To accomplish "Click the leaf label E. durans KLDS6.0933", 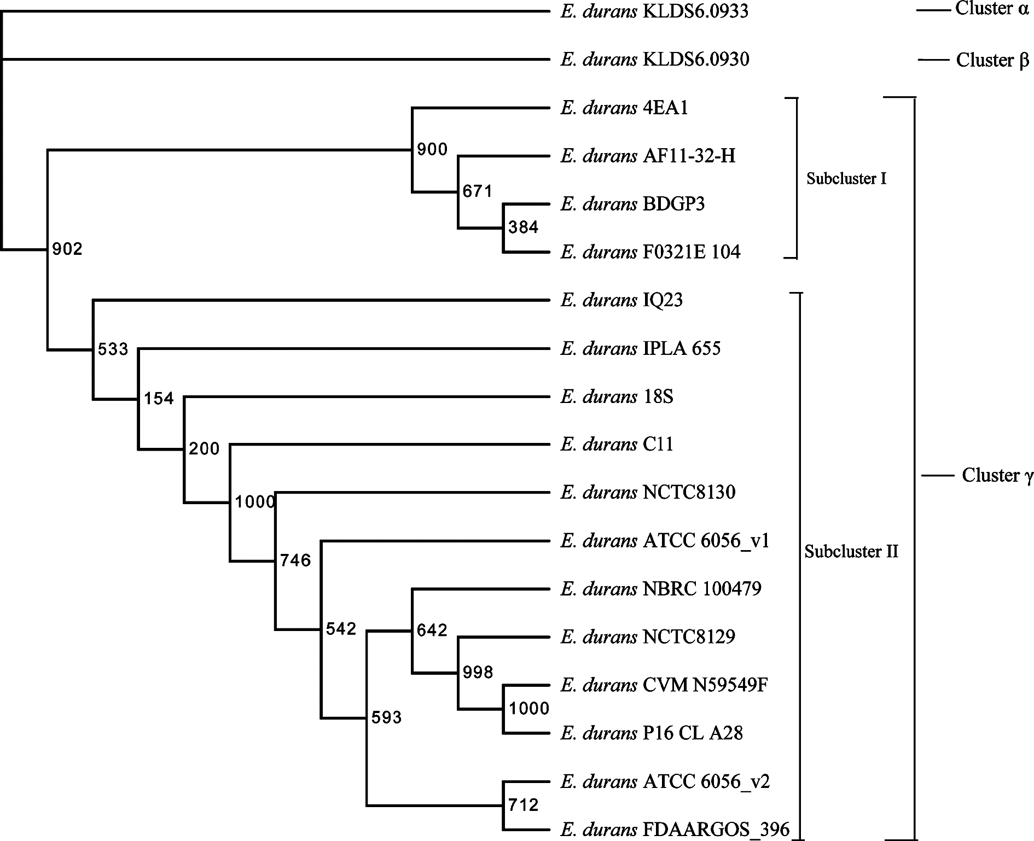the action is click(x=654, y=11).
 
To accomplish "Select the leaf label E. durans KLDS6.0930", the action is click(x=655, y=59).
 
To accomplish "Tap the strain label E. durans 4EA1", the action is click(x=624, y=108).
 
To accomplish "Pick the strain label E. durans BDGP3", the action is click(x=632, y=204).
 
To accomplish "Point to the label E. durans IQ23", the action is click(x=621, y=300).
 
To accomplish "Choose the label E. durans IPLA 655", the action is click(x=641, y=348).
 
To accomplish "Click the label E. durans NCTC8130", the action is click(x=648, y=493).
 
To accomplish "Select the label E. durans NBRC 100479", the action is click(x=661, y=589).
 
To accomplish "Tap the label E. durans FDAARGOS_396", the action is click(x=675, y=830).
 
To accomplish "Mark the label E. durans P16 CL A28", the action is click(x=652, y=733).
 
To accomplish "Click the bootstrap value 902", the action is click(x=67, y=249).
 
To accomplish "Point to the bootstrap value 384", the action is click(x=524, y=227).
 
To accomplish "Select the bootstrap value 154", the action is click(x=159, y=399).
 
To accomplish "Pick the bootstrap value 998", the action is click(x=478, y=672).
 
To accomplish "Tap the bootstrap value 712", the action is click(x=524, y=804).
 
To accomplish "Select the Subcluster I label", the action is click(x=846, y=178).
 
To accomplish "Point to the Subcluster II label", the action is click(x=851, y=552).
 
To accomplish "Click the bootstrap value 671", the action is click(x=478, y=191).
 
